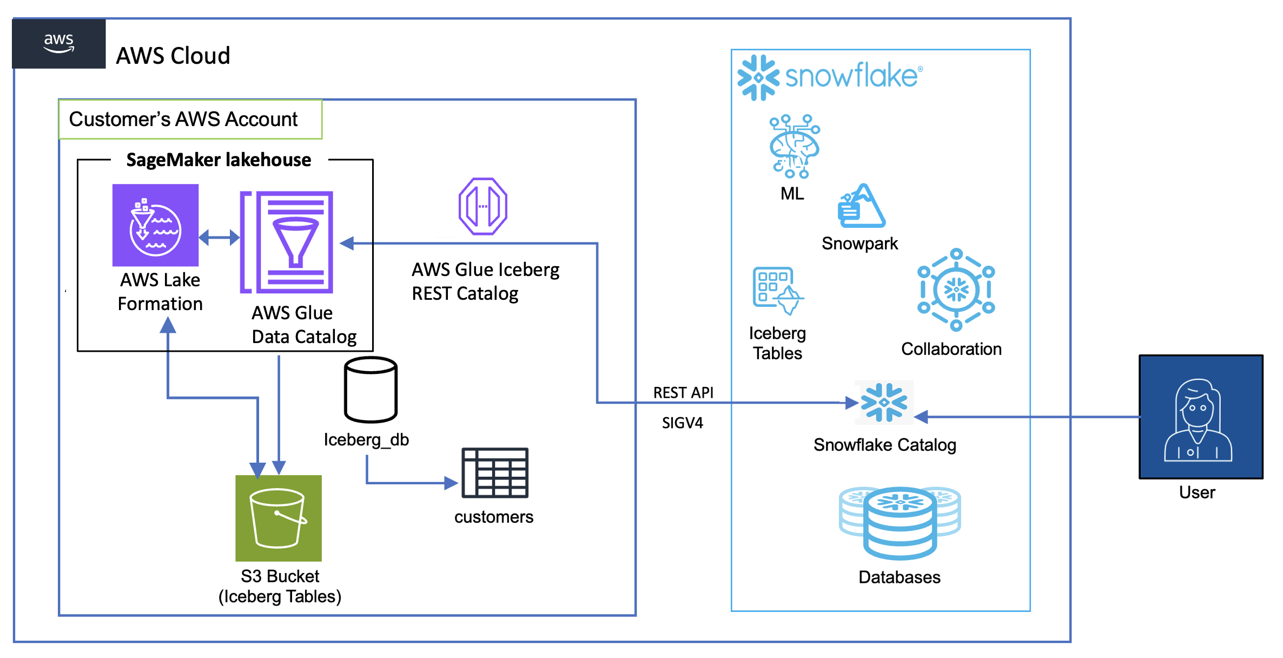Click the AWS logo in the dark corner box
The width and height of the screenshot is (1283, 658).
click(58, 43)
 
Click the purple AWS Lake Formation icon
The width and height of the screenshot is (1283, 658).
click(155, 225)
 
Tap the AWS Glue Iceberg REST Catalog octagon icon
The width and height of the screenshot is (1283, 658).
click(483, 206)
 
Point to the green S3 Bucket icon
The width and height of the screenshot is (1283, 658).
click(279, 518)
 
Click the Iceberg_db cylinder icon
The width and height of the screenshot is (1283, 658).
click(371, 390)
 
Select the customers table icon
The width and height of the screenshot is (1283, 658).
click(495, 473)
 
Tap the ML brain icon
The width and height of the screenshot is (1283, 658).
click(794, 147)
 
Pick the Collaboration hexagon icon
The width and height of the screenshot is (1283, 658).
click(956, 289)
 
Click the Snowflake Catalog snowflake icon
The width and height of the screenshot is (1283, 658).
click(884, 402)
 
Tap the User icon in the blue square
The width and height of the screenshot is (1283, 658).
click(1200, 417)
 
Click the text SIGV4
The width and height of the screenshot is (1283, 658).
click(683, 423)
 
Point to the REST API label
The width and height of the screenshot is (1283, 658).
click(683, 392)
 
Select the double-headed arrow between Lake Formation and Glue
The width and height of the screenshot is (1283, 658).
click(219, 237)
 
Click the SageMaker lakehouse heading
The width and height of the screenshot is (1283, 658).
click(219, 160)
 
